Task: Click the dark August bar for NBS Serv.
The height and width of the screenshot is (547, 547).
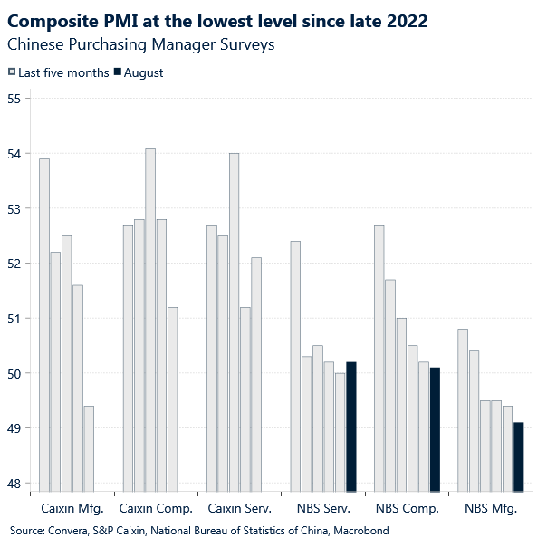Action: tap(351, 427)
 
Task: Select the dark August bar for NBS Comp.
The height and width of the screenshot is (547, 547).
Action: tap(435, 429)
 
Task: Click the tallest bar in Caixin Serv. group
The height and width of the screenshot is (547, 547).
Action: tap(234, 322)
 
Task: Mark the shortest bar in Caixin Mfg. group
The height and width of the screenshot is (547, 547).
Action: tap(89, 448)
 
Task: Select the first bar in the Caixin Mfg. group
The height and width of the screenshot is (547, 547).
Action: tap(44, 325)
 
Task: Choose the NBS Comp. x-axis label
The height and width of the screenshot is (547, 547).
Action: tap(408, 509)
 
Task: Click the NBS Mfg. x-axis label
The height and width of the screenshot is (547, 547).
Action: tap(491, 509)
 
